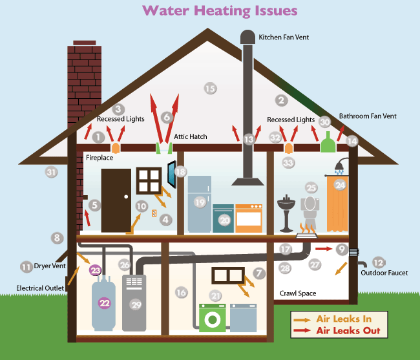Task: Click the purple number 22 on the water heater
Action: click(x=105, y=303)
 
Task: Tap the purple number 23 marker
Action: click(x=96, y=270)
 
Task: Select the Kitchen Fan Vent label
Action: click(x=284, y=37)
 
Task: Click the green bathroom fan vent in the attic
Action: click(x=328, y=142)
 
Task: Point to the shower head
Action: click(x=341, y=166)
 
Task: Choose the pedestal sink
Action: click(x=286, y=213)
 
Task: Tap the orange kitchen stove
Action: click(x=249, y=218)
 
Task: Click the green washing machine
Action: click(x=213, y=318)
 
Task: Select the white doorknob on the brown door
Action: click(x=126, y=196)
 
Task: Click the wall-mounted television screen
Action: click(x=172, y=174)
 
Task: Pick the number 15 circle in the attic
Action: click(x=210, y=89)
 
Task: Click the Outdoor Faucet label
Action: click(x=384, y=273)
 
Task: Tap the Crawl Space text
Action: click(x=298, y=293)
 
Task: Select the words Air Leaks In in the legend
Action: click(x=344, y=319)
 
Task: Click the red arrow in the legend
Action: click(x=302, y=330)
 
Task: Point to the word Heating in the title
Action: click(x=222, y=11)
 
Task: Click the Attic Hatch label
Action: click(x=191, y=136)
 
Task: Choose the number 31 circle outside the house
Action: click(x=51, y=172)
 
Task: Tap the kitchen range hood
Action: click(x=247, y=182)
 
